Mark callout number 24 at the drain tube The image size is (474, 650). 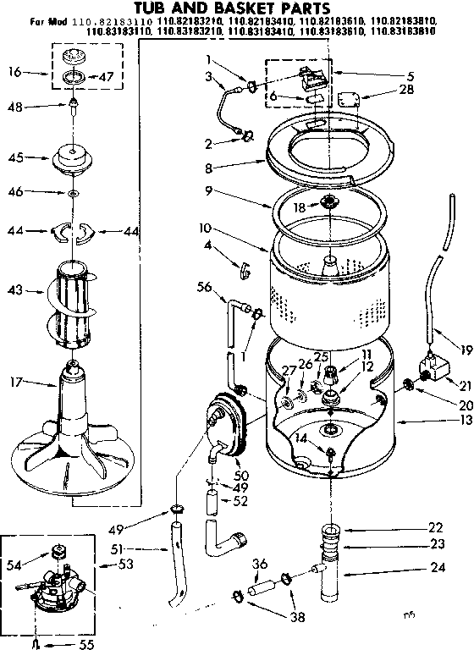(438, 567)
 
